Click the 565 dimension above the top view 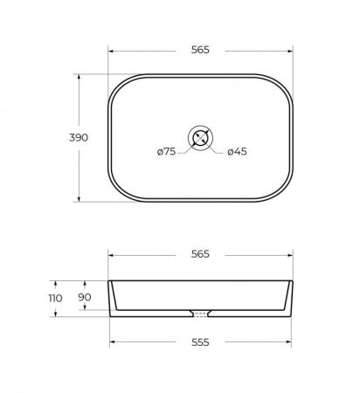(200, 50)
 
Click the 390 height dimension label (79, 137)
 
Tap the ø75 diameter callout (166, 151)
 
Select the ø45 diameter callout (237, 151)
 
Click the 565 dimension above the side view (200, 254)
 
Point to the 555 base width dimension (200, 342)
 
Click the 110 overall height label (55, 298)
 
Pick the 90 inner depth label (85, 297)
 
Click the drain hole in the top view (200, 138)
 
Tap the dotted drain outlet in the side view (200, 314)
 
